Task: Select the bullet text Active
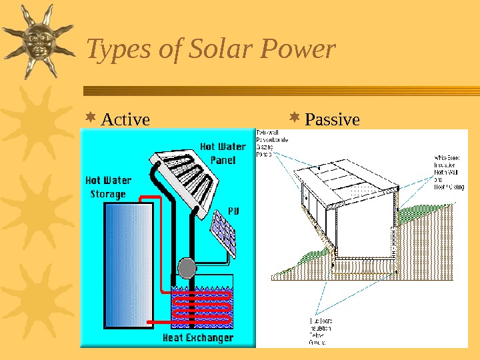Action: click(x=125, y=120)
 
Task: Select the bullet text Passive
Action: click(x=332, y=120)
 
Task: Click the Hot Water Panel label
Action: click(x=223, y=153)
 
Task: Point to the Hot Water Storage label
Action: click(x=108, y=187)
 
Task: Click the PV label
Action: click(x=233, y=211)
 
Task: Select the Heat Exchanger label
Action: click(x=199, y=338)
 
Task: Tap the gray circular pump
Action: click(x=187, y=268)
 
